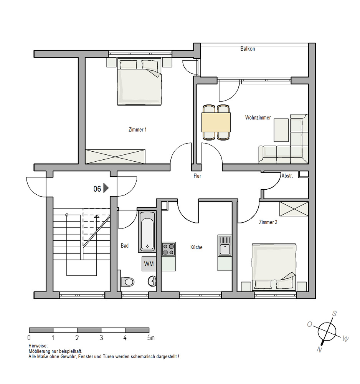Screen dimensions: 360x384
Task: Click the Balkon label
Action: [248, 49]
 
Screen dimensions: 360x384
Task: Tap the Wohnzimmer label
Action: [258, 118]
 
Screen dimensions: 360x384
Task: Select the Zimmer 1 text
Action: [137, 129]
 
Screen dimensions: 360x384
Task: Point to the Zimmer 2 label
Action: [268, 222]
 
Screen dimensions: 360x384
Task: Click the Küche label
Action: [196, 247]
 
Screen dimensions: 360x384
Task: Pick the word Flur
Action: [197, 176]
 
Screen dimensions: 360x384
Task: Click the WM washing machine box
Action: [149, 264]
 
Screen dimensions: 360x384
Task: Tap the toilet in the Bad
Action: [127, 281]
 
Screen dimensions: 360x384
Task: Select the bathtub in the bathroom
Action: [147, 231]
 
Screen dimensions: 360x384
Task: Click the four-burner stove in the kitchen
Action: [168, 249]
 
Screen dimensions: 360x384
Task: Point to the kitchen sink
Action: [225, 245]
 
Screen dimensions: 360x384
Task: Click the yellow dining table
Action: [216, 122]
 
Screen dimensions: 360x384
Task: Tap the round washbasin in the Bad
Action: [152, 281]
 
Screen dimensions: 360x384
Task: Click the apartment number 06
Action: [97, 189]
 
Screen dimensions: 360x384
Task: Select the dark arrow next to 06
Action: [106, 188]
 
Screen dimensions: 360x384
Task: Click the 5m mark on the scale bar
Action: [151, 338]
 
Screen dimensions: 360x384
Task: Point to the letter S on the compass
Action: [334, 313]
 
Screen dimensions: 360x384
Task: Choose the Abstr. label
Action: [287, 175]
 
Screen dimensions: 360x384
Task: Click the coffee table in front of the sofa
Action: [281, 130]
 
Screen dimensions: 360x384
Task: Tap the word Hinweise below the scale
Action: [38, 346]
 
